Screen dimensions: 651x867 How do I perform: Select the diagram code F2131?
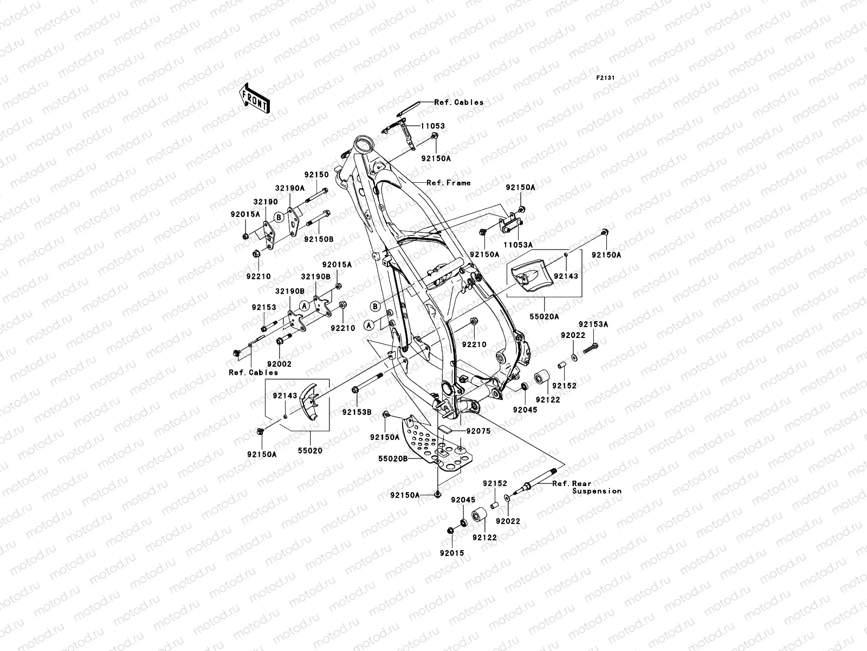point(606,78)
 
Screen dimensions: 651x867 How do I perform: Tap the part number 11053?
point(432,126)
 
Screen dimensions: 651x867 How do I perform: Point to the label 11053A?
point(518,245)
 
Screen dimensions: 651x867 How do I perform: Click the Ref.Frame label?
point(448,183)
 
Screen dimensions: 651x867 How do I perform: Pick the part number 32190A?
point(290,188)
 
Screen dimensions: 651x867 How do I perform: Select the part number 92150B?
point(319,239)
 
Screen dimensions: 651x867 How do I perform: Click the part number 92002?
point(279,364)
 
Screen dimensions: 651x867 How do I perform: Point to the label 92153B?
point(357,412)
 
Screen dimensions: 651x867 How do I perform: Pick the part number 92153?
point(263,307)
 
